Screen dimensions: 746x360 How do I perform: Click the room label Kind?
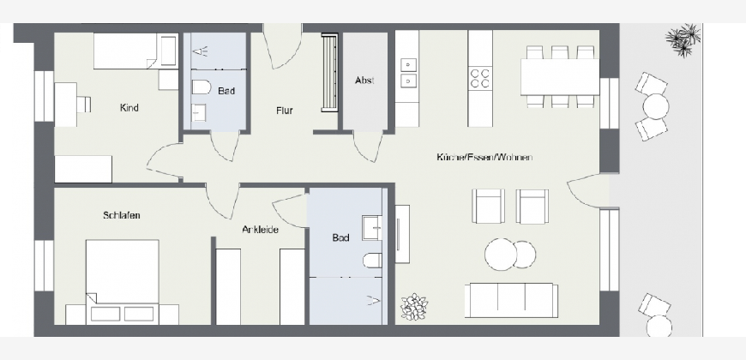click(x=129, y=108)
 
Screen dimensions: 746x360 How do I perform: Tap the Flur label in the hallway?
click(x=285, y=111)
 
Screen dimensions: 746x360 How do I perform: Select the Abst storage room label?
click(x=364, y=81)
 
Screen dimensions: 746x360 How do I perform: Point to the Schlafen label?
click(x=121, y=215)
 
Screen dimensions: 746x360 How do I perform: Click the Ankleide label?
click(x=261, y=230)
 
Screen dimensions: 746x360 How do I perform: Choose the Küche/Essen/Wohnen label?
click(x=484, y=157)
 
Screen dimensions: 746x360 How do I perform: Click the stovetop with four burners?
click(x=480, y=79)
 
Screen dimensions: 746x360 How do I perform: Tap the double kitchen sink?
click(x=408, y=73)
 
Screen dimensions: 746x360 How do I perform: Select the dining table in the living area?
click(x=560, y=77)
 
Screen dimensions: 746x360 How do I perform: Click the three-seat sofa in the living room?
click(x=511, y=300)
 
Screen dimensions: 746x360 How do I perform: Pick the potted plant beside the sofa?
click(x=414, y=307)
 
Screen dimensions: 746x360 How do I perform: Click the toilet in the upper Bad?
click(x=202, y=87)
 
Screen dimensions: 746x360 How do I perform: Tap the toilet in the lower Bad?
click(x=372, y=261)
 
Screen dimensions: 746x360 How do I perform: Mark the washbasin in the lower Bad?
click(x=371, y=228)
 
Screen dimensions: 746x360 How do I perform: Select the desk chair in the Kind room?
click(x=84, y=105)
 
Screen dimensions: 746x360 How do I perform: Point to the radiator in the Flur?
click(x=329, y=72)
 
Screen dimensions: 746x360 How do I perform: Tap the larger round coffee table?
click(x=501, y=255)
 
